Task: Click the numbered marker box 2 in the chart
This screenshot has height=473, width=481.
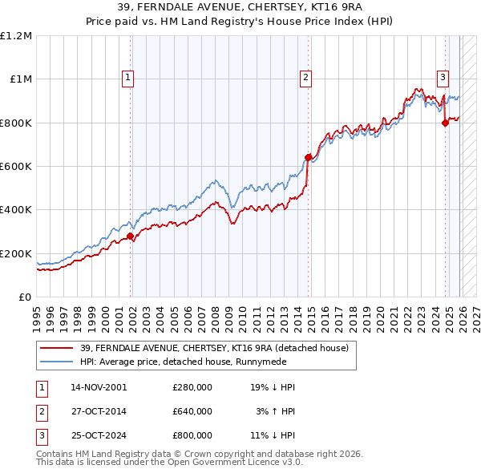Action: coord(306,78)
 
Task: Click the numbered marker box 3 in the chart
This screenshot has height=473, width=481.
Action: coord(443,78)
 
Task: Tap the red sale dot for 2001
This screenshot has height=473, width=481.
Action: coord(130,236)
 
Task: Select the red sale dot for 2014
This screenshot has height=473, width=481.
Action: coord(308,157)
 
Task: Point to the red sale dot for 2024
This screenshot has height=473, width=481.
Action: coord(445,123)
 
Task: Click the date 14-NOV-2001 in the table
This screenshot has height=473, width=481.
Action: coord(99,387)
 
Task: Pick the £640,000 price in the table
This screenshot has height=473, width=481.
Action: coord(192,411)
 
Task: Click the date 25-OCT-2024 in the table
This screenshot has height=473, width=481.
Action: coord(99,435)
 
